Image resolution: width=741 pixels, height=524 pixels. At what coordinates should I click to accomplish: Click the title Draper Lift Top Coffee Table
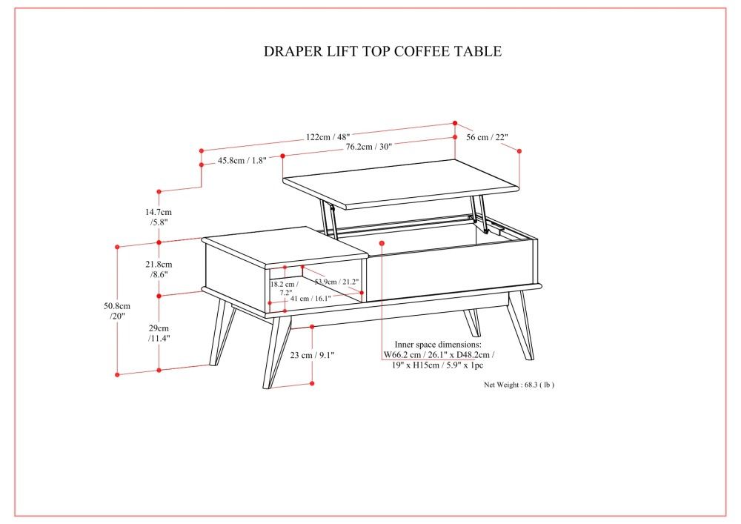382,51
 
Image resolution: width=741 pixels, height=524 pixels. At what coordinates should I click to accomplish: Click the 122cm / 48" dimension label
328,136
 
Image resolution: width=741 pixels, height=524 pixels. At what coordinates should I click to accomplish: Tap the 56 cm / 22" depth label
487,137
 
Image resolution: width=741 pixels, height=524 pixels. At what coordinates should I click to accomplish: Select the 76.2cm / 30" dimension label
368,147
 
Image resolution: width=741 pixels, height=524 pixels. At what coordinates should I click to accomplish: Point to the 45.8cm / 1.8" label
242,161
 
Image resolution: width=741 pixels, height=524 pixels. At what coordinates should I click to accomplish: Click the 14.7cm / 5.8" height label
160,216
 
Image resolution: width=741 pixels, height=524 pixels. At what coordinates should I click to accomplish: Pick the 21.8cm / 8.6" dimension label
159,269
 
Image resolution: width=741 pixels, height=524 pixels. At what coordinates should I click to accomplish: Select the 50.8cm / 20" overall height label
116,311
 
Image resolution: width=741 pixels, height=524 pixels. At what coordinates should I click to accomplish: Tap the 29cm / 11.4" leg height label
159,333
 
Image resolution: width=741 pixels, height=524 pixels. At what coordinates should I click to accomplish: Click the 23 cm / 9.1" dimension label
312,355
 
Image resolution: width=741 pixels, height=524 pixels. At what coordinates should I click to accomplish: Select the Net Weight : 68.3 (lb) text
519,385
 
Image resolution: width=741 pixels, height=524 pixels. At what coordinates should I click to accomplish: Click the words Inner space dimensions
438,345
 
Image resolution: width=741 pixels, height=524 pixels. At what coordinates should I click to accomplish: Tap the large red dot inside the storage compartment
382,242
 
